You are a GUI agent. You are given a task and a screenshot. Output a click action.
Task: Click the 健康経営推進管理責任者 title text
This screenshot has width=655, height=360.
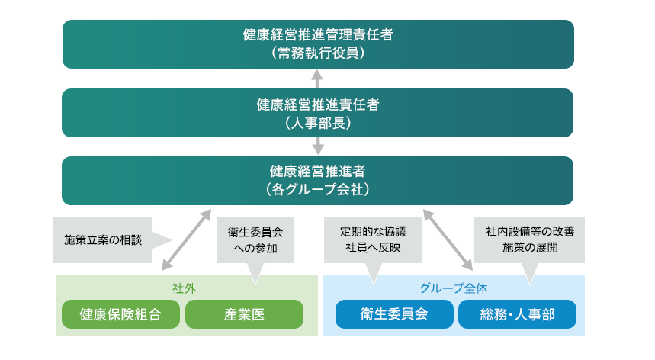[x=318, y=35]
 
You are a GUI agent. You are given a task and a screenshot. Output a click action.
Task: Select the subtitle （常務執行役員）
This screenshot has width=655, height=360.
[x=318, y=53]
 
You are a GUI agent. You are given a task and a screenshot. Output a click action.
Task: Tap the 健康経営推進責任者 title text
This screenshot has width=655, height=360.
[x=318, y=104]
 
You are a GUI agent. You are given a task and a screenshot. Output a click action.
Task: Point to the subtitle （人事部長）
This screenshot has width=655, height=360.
[x=318, y=123]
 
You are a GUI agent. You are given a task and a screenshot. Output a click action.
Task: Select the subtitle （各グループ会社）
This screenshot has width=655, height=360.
[x=318, y=190]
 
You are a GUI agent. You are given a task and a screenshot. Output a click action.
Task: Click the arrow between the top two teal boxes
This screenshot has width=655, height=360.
[x=318, y=79]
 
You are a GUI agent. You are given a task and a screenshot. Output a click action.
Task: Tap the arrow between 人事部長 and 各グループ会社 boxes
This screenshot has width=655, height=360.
[x=318, y=146]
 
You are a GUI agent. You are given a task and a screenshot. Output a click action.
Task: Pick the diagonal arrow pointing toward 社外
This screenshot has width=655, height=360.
[x=187, y=240]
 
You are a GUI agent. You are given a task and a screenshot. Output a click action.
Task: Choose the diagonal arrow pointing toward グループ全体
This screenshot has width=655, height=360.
[x=448, y=240]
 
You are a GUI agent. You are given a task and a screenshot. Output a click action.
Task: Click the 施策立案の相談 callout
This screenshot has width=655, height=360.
[x=103, y=239]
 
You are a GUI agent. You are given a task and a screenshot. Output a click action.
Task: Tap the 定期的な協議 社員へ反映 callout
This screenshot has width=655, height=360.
[x=373, y=239]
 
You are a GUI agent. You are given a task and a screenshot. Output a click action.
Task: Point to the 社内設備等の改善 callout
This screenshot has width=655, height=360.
[x=529, y=239]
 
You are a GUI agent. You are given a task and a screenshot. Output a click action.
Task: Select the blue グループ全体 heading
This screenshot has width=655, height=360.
[x=454, y=288]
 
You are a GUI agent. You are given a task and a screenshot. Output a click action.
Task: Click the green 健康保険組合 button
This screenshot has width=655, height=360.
[x=120, y=314]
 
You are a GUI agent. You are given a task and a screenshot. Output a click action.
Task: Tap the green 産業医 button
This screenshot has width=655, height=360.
[x=244, y=314]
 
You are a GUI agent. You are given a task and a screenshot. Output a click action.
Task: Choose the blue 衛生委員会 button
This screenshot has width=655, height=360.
[x=393, y=314]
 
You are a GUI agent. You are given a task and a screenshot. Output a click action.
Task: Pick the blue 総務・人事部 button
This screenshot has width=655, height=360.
[x=517, y=314]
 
